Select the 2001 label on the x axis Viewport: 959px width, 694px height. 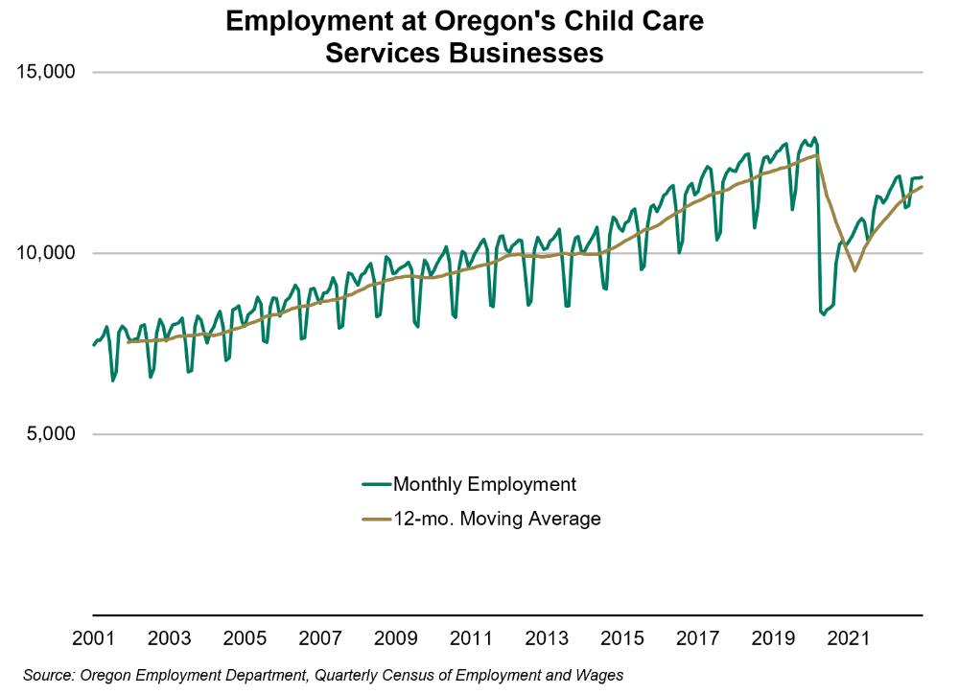coord(94,638)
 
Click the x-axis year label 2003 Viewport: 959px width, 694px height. coord(170,638)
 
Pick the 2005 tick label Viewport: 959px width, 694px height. coord(245,638)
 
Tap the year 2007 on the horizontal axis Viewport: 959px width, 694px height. coord(320,638)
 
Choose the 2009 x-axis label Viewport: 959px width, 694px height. coord(396,638)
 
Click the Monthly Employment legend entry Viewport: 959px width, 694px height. coord(484,484)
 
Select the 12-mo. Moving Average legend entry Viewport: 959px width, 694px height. coord(497,519)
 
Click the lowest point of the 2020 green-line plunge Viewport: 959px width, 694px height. coord(823,314)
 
